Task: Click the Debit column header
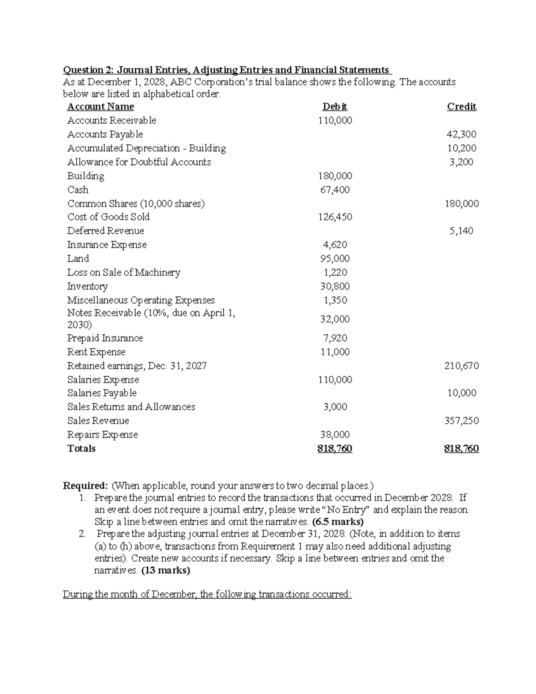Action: [x=335, y=107]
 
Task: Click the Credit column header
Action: [x=461, y=107]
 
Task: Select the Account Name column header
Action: [x=100, y=107]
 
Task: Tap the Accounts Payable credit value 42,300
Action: [x=461, y=134]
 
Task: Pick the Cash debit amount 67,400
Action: [x=335, y=189]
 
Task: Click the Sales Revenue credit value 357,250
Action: [x=461, y=421]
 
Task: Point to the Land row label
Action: [x=78, y=259]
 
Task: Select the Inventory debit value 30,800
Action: [x=335, y=286]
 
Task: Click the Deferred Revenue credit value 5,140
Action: [x=461, y=231]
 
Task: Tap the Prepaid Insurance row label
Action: [x=105, y=338]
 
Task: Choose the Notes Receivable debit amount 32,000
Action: [x=335, y=319]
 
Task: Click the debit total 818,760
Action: [x=335, y=449]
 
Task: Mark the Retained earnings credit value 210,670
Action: [x=461, y=366]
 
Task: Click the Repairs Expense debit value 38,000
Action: [x=335, y=435]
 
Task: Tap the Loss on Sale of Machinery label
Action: [x=124, y=273]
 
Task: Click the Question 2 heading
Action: [x=227, y=70]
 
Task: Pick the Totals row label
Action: [x=81, y=449]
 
